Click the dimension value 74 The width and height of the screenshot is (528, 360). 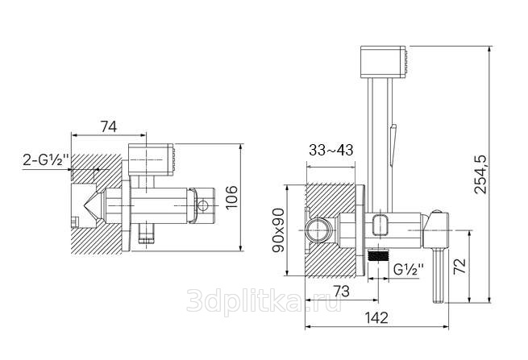[109, 126]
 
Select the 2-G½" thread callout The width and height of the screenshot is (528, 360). [46, 159]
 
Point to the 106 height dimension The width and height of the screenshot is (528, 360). [231, 197]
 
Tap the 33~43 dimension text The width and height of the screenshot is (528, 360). [331, 150]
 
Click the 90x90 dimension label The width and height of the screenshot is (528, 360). [278, 230]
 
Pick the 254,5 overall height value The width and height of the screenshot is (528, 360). [480, 174]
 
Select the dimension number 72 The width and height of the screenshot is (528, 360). [460, 266]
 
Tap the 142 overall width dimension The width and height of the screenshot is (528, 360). [376, 317]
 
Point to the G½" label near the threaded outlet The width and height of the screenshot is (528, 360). [409, 269]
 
